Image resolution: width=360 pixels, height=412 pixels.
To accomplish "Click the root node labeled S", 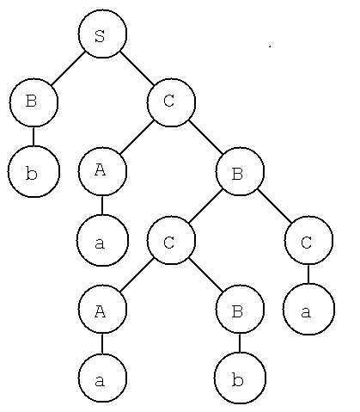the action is (102, 34).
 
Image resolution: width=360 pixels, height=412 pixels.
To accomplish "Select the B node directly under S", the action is (34, 102).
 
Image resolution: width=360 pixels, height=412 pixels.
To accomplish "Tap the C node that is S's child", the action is (171, 102).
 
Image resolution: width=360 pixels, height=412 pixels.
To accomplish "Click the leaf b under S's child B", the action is (34, 171).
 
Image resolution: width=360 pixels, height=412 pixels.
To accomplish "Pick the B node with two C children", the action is (240, 171).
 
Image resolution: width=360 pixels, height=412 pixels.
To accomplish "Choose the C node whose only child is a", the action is (308, 240).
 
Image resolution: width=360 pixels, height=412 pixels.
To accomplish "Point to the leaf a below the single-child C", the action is (308, 309).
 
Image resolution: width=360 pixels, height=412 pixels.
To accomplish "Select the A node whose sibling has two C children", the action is (102, 171).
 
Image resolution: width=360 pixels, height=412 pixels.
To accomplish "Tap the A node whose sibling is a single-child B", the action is (102, 309).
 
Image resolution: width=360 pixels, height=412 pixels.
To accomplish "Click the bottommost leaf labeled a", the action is (102, 378).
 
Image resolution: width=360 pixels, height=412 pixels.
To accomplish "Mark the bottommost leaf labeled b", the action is (240, 378).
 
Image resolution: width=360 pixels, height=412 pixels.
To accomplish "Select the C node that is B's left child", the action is (171, 240).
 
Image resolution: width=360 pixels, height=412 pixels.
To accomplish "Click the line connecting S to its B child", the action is (68, 68).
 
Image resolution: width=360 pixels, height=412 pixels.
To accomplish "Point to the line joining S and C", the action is (137, 68).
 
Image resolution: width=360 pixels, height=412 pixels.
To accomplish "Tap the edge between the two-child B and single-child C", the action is (274, 206).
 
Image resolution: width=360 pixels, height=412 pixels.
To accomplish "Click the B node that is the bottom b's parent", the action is (240, 309).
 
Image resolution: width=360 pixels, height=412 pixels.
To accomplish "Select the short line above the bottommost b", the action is (240, 343).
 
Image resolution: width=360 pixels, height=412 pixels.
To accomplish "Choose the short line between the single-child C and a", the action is (308, 274).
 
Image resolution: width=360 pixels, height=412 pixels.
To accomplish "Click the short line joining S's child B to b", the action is (34, 136).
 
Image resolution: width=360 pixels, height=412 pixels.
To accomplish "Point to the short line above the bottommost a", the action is (102, 343).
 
